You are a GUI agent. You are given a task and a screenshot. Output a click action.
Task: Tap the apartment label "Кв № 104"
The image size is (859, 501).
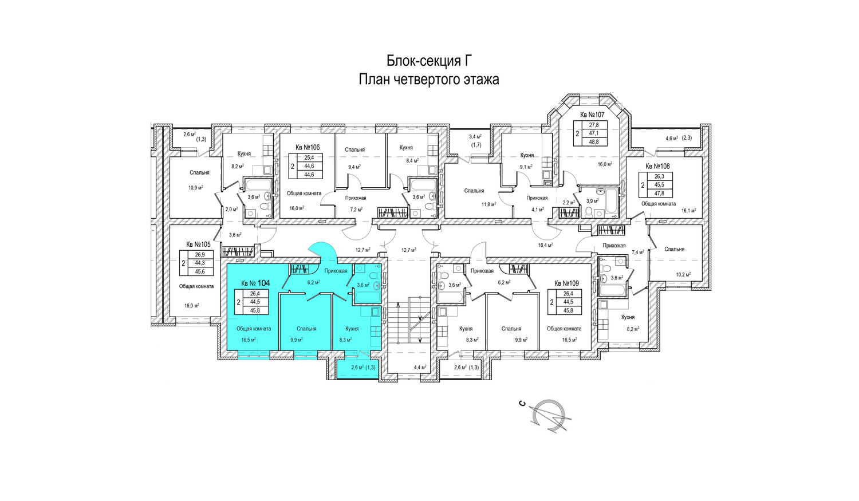click(x=255, y=283)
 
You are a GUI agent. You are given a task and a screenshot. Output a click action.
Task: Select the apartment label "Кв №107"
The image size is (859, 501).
click(x=592, y=115)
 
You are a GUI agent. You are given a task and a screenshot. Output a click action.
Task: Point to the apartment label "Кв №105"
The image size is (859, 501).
click(x=198, y=244)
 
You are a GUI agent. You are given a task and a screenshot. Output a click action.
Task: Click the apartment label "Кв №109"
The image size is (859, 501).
click(x=566, y=283)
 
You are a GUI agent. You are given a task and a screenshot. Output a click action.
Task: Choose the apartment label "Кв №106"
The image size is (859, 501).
click(x=308, y=147)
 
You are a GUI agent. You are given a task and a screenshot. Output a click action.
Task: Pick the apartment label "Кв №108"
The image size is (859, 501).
click(x=657, y=166)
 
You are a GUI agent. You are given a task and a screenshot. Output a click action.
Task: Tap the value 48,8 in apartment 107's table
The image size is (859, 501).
click(x=594, y=141)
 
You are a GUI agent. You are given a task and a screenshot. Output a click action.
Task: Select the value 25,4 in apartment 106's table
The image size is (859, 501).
click(x=309, y=157)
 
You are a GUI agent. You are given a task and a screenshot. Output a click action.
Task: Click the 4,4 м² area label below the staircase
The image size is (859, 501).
click(x=420, y=367)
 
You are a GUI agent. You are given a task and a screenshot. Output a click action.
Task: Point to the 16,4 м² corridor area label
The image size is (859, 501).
click(x=545, y=245)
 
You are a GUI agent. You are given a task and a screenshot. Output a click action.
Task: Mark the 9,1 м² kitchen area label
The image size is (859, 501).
click(x=526, y=167)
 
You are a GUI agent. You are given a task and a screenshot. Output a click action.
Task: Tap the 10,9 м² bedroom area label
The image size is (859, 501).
click(x=196, y=187)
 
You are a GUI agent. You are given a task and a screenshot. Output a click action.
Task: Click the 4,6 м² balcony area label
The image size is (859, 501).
click(x=672, y=138)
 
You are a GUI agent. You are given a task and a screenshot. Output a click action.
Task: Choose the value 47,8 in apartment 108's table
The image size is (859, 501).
click(x=659, y=194)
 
